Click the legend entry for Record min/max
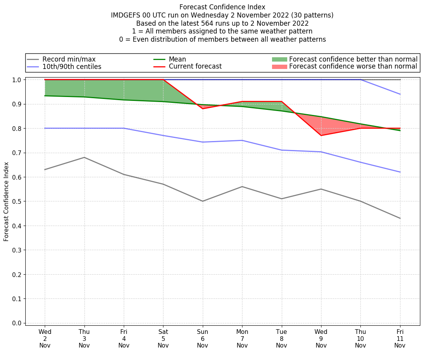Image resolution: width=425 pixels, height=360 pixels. click(x=69, y=59)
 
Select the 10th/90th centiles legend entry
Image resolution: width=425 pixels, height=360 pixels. click(x=72, y=67)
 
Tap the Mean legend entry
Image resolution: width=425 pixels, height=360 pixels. click(x=177, y=59)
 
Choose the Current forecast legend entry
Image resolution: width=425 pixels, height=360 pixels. click(x=195, y=67)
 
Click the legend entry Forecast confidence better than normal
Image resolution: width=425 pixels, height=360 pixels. click(x=353, y=59)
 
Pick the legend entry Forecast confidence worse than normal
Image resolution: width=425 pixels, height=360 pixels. click(x=353, y=67)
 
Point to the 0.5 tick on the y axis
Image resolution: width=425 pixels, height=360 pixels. click(x=18, y=201)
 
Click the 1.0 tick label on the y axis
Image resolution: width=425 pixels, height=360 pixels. click(x=18, y=80)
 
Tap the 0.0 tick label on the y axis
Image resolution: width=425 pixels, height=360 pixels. click(x=18, y=323)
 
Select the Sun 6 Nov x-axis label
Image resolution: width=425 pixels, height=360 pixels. click(x=202, y=339)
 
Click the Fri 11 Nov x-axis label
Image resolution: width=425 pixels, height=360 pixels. click(x=400, y=339)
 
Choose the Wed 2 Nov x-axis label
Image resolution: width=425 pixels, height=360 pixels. click(x=45, y=339)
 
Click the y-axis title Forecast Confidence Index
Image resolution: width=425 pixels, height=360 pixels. click(x=6, y=201)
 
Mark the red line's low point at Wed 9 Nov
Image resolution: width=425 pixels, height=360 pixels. click(x=321, y=135)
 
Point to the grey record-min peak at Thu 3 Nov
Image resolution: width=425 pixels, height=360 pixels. click(x=84, y=157)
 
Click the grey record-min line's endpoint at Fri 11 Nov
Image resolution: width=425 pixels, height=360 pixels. click(x=400, y=218)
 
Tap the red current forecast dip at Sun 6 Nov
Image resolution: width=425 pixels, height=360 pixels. click(x=203, y=108)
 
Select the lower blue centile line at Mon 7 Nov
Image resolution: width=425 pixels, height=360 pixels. click(x=242, y=140)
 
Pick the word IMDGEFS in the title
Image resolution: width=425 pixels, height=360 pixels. click(x=126, y=15)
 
